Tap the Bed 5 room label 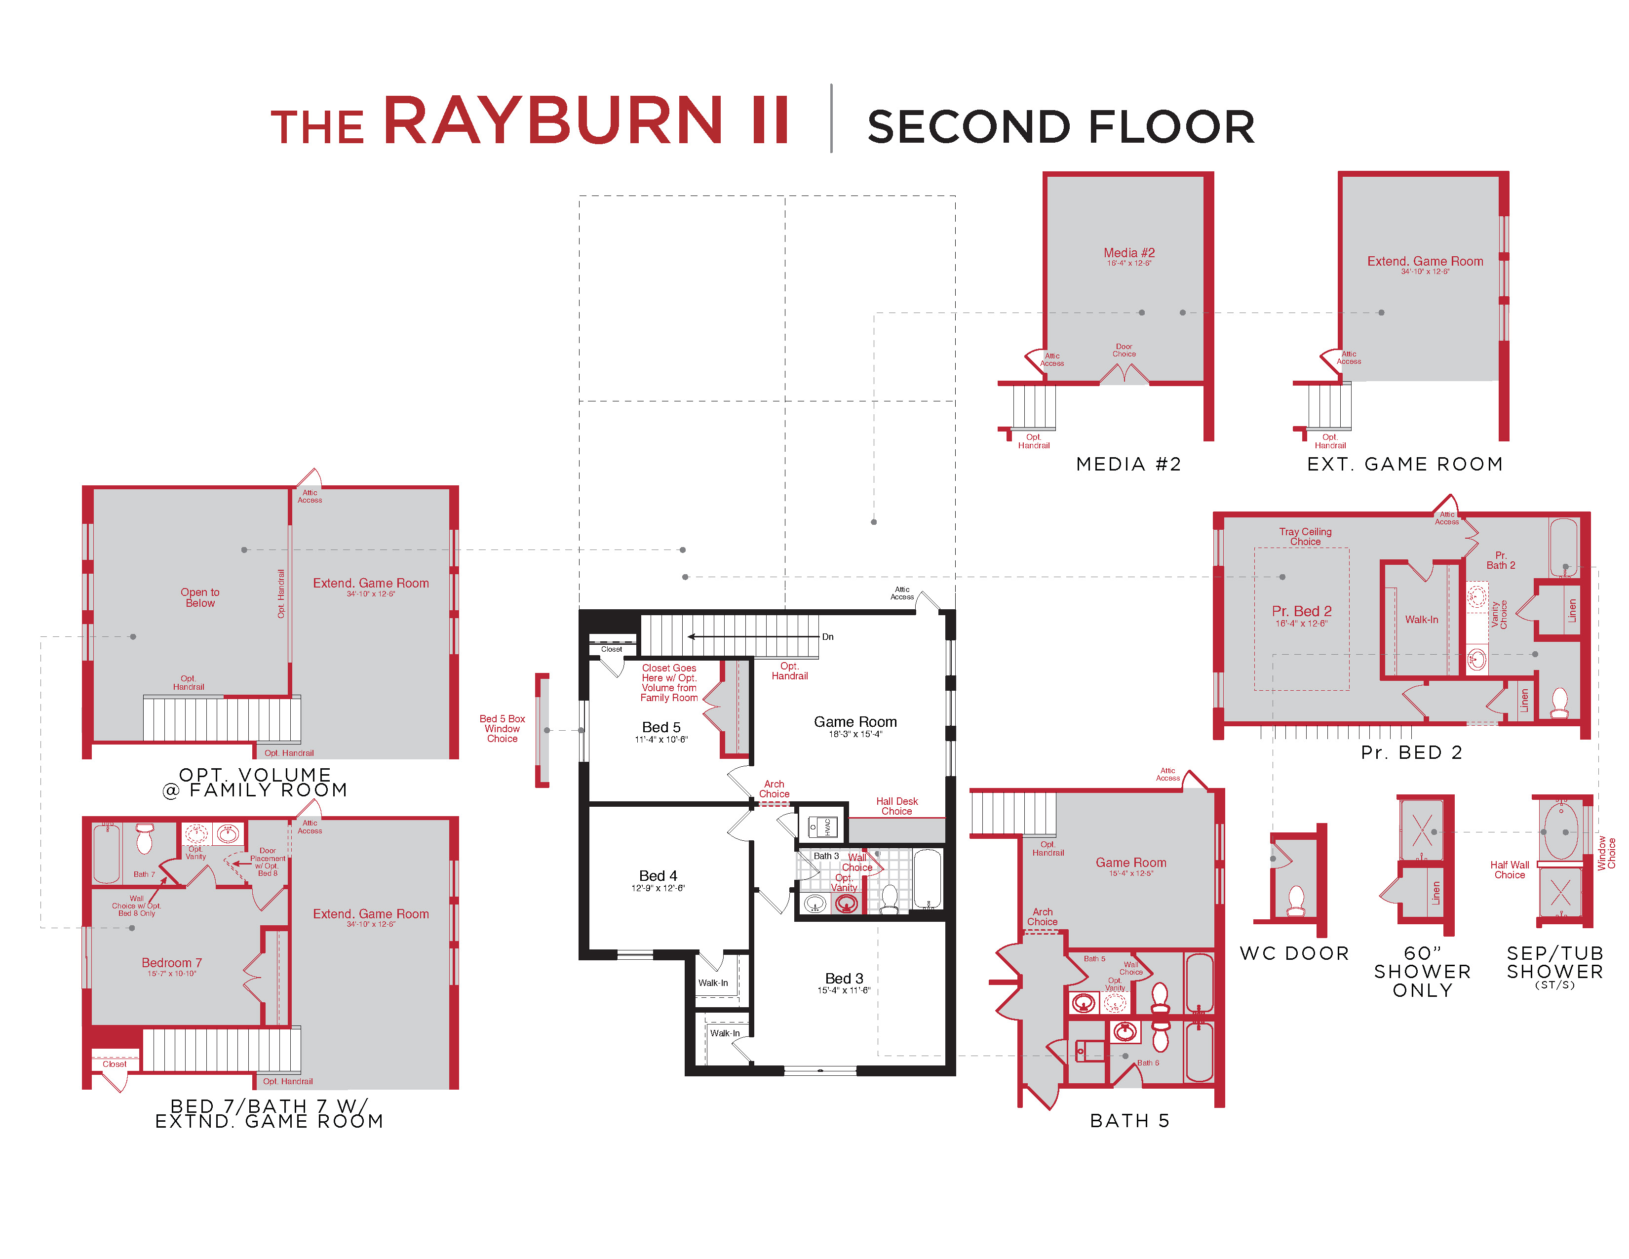pos(661,727)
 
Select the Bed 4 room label pos(658,876)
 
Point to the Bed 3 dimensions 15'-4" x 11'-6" pos(844,990)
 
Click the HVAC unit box pos(823,826)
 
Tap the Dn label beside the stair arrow pos(828,637)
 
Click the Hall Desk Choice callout pos(896,806)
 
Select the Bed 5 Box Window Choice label pos(502,729)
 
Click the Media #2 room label pos(1128,253)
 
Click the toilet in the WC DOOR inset pos(1296,901)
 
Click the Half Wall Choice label pos(1509,869)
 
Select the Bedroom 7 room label pos(172,963)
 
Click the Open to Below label pos(200,597)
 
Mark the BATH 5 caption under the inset pos(1129,1121)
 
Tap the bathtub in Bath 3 pos(927,880)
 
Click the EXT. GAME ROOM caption pos(1404,464)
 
